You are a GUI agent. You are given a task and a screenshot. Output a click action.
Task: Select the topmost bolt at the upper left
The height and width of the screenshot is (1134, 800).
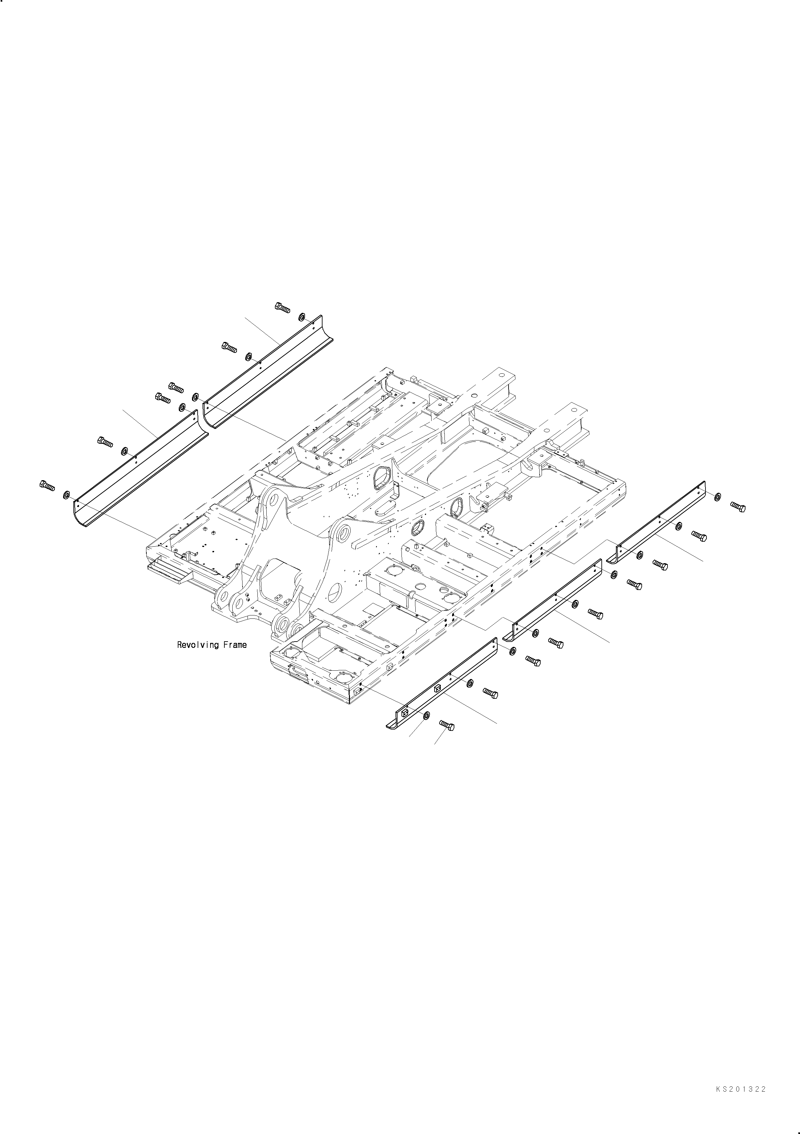pyautogui.click(x=282, y=307)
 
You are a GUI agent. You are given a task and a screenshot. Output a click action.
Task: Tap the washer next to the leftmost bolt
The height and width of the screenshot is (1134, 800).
pyautogui.click(x=67, y=494)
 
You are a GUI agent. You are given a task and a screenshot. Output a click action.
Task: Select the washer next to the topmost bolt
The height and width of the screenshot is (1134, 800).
pyautogui.click(x=302, y=316)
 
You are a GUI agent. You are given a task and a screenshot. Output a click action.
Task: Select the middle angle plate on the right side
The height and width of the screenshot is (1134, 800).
pyautogui.click(x=555, y=600)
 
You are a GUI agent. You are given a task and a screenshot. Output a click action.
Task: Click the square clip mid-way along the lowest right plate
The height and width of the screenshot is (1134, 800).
pyautogui.click(x=437, y=688)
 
